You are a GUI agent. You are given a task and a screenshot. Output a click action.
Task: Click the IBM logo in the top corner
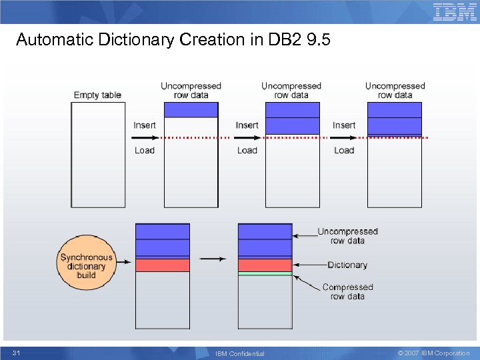pos(455,12)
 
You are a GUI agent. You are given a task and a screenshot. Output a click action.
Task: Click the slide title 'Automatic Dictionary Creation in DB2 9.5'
pos(173,40)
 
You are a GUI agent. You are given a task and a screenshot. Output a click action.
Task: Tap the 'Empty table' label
pos(97,95)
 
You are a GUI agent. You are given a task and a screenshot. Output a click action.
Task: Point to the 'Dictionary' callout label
pos(347,265)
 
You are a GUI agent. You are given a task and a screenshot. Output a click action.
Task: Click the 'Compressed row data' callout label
pos(347,292)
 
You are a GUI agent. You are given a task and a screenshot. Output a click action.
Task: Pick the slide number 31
pos(16,353)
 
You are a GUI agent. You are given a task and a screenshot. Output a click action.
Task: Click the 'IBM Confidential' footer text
pos(240,353)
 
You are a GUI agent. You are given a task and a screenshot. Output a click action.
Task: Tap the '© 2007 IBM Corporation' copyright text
pos(433,353)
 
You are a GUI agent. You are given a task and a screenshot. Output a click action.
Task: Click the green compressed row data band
pos(265,273)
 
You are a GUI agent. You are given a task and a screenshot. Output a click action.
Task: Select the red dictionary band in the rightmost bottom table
pos(265,265)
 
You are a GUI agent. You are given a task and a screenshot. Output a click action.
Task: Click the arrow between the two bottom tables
pos(213,259)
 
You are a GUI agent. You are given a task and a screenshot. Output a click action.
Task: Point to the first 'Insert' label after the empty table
pos(145,125)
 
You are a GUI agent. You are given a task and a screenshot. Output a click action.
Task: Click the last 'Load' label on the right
pos(344,150)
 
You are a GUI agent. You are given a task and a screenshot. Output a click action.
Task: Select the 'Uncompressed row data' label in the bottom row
pos(347,236)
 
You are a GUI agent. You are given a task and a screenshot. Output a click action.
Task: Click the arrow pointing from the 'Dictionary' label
pos(310,265)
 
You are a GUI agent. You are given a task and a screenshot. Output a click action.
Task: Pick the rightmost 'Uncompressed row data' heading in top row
pos(395,90)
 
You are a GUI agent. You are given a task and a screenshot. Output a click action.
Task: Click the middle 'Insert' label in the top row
pos(247,125)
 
